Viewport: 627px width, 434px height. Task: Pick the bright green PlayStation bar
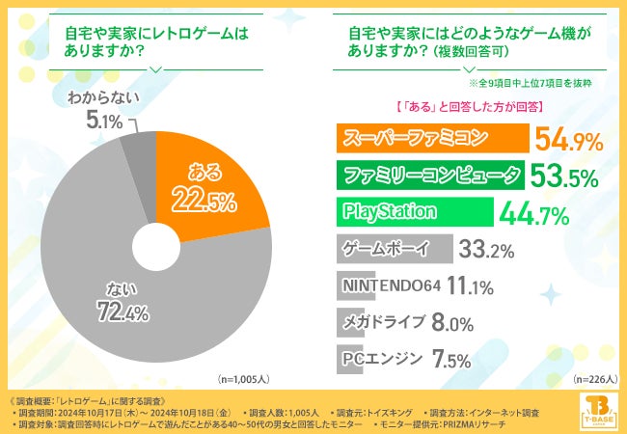coord(414,211)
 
